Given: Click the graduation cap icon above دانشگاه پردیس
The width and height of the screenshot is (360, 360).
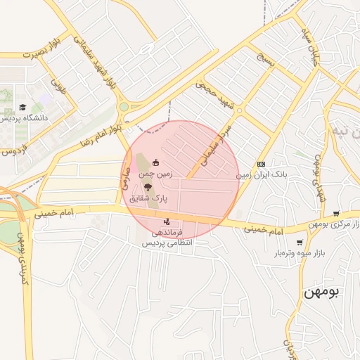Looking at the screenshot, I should pyautogui.click(x=24, y=108).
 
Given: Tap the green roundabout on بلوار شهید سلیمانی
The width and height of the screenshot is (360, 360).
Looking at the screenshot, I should pyautogui.click(x=124, y=108).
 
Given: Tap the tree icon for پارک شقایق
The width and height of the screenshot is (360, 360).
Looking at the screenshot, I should pyautogui.click(x=147, y=186).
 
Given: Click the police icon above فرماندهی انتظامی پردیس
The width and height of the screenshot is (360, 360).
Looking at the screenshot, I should pyautogui.click(x=167, y=222).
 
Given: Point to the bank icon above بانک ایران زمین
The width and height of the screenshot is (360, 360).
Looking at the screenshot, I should pyautogui.click(x=261, y=163).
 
